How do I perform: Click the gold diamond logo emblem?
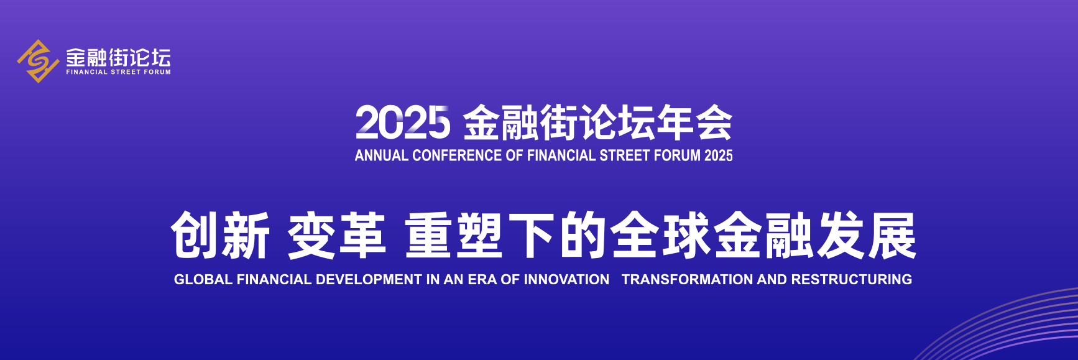click(37, 61)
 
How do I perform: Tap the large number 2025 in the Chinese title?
click(402, 122)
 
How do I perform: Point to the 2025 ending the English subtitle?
click(719, 155)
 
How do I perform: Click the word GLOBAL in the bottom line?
click(203, 280)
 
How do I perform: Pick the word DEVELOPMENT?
click(369, 280)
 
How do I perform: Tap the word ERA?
click(482, 280)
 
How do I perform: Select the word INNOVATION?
click(566, 280)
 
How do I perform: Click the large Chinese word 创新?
click(220, 235)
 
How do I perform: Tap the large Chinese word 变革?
click(336, 235)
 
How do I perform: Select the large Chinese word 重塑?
click(454, 235)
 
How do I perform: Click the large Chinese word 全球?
click(660, 235)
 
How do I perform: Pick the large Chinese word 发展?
click(866, 235)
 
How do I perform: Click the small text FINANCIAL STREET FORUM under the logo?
click(119, 72)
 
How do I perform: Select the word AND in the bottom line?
click(772, 280)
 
